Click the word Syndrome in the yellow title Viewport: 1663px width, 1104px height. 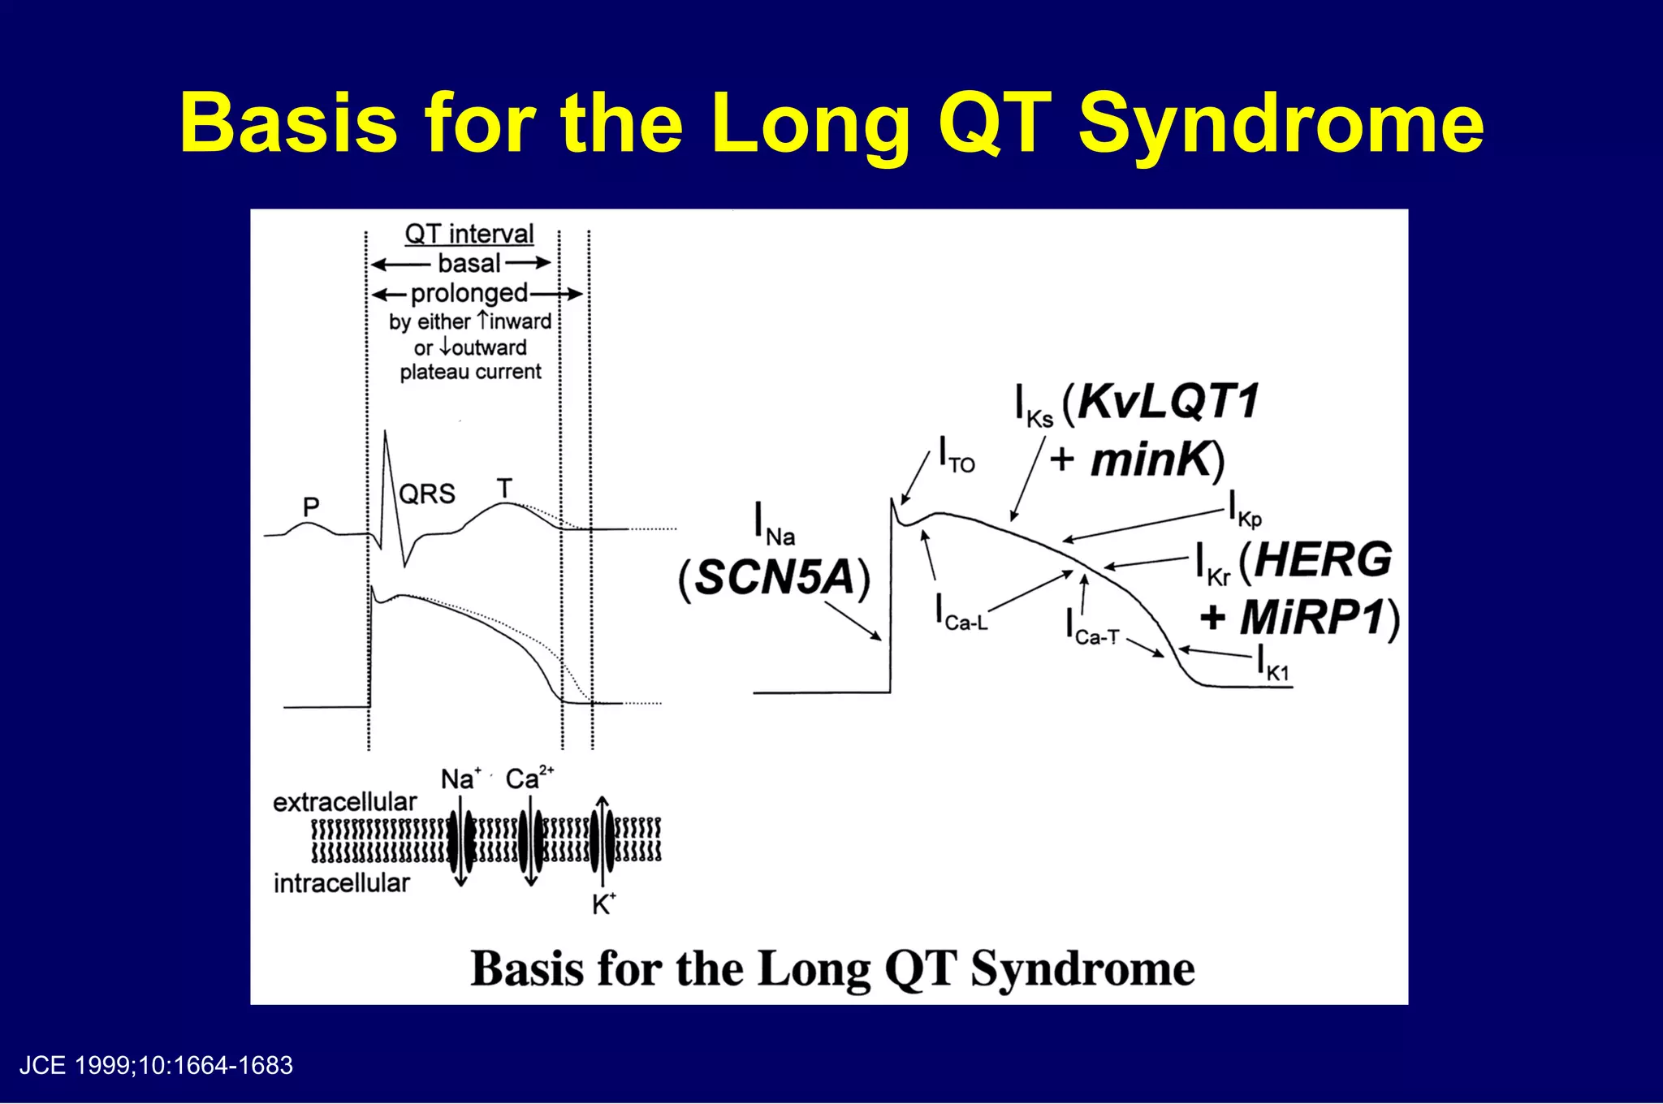click(x=1281, y=123)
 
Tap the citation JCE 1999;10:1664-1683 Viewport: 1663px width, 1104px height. click(x=156, y=1065)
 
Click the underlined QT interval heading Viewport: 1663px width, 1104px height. click(x=469, y=234)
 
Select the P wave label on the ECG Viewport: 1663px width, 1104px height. click(x=311, y=507)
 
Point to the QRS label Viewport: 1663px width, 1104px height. click(x=427, y=494)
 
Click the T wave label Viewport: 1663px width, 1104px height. click(x=504, y=488)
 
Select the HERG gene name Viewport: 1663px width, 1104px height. click(x=1323, y=560)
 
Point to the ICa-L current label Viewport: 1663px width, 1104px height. click(x=962, y=613)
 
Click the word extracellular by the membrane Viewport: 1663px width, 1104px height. click(x=344, y=802)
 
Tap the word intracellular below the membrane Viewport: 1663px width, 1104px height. click(x=341, y=883)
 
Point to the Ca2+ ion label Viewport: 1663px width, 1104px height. click(x=529, y=778)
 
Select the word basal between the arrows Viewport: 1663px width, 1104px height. click(x=469, y=264)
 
